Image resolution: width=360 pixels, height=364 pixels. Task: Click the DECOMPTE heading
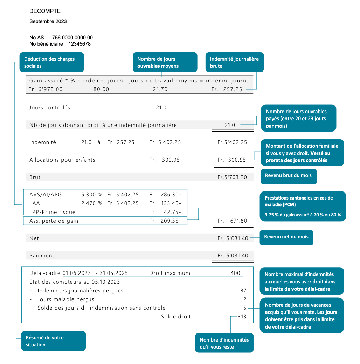coord(45,11)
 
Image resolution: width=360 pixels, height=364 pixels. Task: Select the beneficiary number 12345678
coord(79,44)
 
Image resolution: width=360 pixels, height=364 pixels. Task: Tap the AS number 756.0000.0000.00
coord(72,38)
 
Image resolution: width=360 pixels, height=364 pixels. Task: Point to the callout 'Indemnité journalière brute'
coord(235,62)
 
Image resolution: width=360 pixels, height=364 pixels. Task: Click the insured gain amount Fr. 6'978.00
coord(46,89)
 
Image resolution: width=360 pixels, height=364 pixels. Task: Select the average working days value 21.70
coord(160,89)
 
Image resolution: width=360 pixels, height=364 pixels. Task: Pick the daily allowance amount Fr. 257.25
coord(227,89)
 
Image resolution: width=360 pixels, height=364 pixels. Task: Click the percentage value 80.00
coord(101,89)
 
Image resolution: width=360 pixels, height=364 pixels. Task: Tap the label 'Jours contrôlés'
coord(50,108)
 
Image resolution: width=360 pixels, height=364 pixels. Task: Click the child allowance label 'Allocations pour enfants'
coord(62,160)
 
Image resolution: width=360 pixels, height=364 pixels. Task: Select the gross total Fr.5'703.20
coord(232,177)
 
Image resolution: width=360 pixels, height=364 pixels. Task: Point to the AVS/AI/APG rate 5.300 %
coord(92,195)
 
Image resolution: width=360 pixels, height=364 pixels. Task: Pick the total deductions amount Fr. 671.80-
coord(234,221)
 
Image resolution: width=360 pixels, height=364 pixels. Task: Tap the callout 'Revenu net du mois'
coord(286,237)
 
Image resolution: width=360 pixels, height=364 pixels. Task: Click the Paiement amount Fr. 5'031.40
coord(233,256)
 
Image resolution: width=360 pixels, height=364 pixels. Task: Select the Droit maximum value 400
coord(235,273)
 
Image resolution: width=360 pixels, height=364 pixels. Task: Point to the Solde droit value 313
coord(242,317)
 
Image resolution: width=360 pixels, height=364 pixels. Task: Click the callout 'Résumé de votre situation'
coord(54,341)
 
